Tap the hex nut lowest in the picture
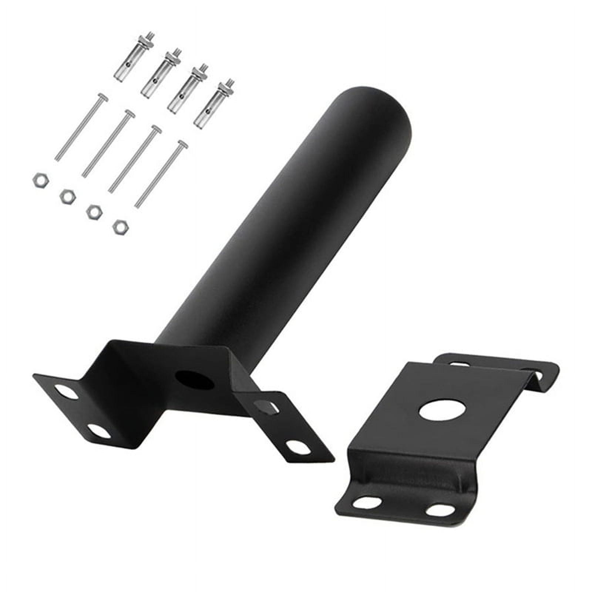tap(120, 226)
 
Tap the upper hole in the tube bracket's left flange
tap(69, 393)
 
